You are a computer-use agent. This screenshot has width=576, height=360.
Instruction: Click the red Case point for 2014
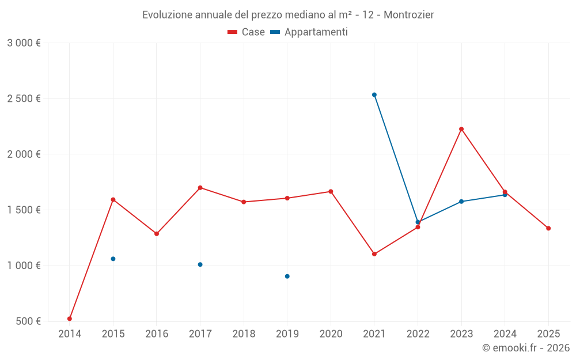coord(70,319)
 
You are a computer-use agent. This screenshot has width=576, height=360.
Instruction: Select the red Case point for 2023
coord(461,129)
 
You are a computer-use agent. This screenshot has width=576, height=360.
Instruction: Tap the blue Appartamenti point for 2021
coord(374,94)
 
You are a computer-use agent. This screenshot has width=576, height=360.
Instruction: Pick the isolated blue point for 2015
coord(113,259)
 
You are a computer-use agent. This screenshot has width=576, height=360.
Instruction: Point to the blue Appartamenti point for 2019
coord(287,276)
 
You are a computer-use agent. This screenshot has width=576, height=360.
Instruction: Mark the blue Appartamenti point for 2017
coord(200,264)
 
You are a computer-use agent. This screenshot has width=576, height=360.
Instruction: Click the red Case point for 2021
coord(374,254)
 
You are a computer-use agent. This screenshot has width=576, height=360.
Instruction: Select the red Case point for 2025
coord(548,228)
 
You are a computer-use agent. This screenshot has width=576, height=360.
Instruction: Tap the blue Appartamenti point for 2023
coord(461,202)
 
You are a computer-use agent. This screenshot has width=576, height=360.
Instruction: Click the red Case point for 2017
coord(200,188)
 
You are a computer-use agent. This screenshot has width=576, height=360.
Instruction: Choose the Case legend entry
coord(247,32)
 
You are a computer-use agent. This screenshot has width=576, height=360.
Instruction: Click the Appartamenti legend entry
coord(309,32)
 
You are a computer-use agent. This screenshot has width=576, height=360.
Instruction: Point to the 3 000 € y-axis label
coord(24,43)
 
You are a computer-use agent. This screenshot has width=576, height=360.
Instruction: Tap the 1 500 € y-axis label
coord(24,210)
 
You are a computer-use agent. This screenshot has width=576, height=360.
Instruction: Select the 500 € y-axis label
coord(28,321)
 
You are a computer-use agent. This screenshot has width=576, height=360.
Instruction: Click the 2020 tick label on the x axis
coord(331,334)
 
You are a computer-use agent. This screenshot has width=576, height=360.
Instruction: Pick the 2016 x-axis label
coord(157,334)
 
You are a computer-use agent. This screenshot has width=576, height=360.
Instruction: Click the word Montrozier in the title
coord(408,14)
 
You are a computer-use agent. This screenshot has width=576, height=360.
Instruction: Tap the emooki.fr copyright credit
coord(525,347)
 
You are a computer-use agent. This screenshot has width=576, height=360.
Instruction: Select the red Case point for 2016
coord(157,234)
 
